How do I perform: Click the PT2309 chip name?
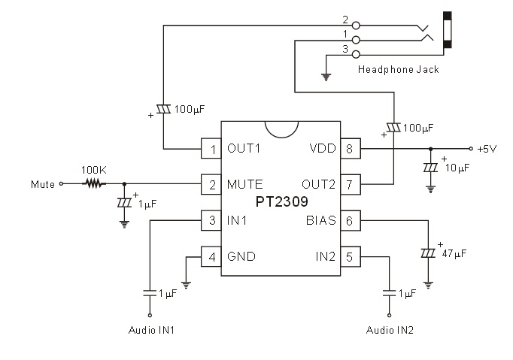[281, 202]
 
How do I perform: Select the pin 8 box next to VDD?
[349, 149]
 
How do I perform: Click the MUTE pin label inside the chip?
[245, 184]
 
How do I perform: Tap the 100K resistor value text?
[93, 171]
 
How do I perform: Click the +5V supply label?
[487, 149]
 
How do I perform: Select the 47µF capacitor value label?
[454, 255]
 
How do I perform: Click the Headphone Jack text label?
[398, 70]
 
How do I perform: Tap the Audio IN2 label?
[389, 329]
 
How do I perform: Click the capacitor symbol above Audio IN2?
[389, 292]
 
